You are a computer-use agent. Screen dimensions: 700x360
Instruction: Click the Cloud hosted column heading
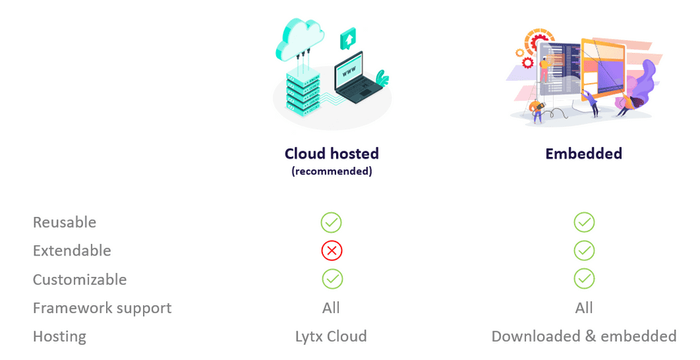pos(332,154)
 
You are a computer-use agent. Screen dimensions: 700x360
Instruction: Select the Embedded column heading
pos(584,154)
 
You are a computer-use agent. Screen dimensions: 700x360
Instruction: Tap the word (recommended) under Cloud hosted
pos(332,171)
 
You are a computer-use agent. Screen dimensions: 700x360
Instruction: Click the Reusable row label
pos(65,222)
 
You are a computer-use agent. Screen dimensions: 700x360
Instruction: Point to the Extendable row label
pos(72,251)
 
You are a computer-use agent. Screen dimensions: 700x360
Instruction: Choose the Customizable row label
pos(80,279)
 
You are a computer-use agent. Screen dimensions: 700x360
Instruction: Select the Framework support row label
pos(102,308)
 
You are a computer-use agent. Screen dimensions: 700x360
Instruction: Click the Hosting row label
pos(60,337)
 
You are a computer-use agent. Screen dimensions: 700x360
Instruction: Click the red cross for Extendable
pos(332,251)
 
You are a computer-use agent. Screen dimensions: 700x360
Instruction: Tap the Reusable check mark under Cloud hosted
pos(332,222)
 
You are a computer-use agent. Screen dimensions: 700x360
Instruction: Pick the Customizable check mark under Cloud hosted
pos(332,279)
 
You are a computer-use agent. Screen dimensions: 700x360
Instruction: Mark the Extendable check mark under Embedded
pos(585,251)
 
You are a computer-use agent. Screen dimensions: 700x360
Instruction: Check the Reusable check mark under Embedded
pos(585,222)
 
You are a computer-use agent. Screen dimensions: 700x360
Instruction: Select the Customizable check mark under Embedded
pos(585,279)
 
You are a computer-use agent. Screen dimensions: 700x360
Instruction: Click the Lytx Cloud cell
pos(332,337)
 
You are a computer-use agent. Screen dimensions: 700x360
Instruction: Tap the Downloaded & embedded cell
pos(584,336)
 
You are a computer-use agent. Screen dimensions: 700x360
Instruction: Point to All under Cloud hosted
pos(332,308)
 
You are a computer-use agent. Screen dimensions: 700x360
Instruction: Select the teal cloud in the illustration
pos(300,39)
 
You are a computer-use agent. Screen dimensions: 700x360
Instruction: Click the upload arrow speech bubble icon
pos(348,39)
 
